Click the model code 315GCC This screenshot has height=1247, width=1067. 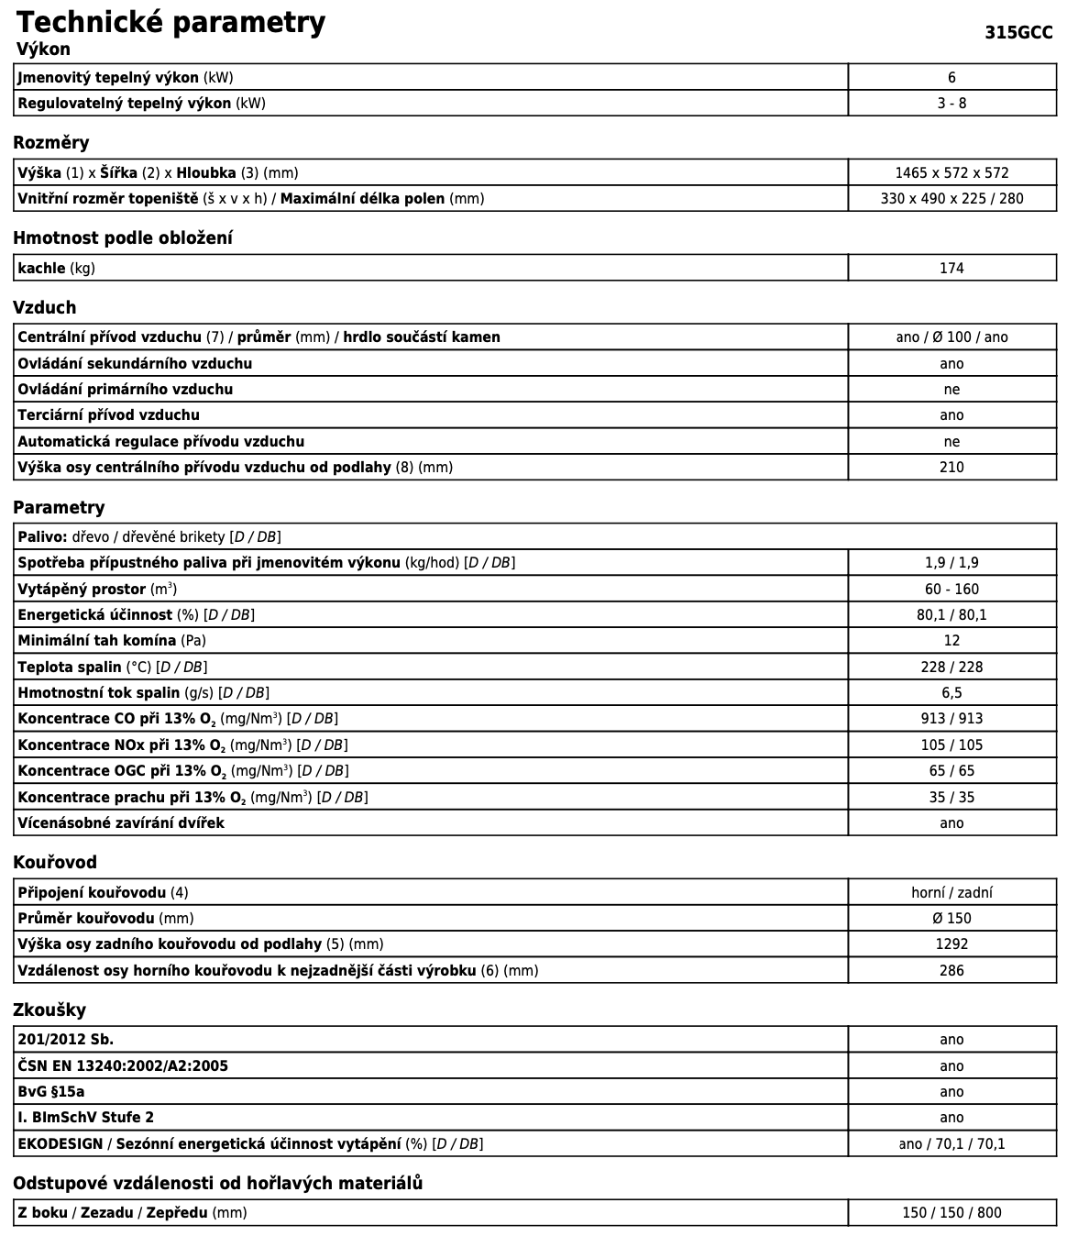[x=1018, y=33]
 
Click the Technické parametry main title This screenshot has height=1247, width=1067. [x=170, y=22]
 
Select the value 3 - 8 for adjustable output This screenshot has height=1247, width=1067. [x=951, y=104]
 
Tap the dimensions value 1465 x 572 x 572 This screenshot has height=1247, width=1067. [x=951, y=172]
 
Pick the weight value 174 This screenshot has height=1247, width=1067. [x=951, y=269]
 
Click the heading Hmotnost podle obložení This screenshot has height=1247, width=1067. [x=123, y=238]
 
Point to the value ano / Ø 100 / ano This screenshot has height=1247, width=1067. [x=951, y=337]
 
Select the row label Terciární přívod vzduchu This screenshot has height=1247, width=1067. [x=108, y=415]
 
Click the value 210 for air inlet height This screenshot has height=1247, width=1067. [x=951, y=468]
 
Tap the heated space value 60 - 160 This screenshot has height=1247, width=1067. [x=951, y=590]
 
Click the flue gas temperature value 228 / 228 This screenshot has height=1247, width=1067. [x=951, y=668]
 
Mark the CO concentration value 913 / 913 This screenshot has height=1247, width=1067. [x=951, y=719]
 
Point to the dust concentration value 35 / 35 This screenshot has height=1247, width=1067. [x=951, y=798]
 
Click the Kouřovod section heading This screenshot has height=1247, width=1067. [x=55, y=863]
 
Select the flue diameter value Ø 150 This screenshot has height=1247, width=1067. [x=951, y=919]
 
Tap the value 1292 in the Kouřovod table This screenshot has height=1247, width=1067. [x=951, y=944]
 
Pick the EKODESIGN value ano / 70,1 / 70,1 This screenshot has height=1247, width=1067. [x=951, y=1144]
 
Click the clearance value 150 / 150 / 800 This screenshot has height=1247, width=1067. [x=951, y=1213]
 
